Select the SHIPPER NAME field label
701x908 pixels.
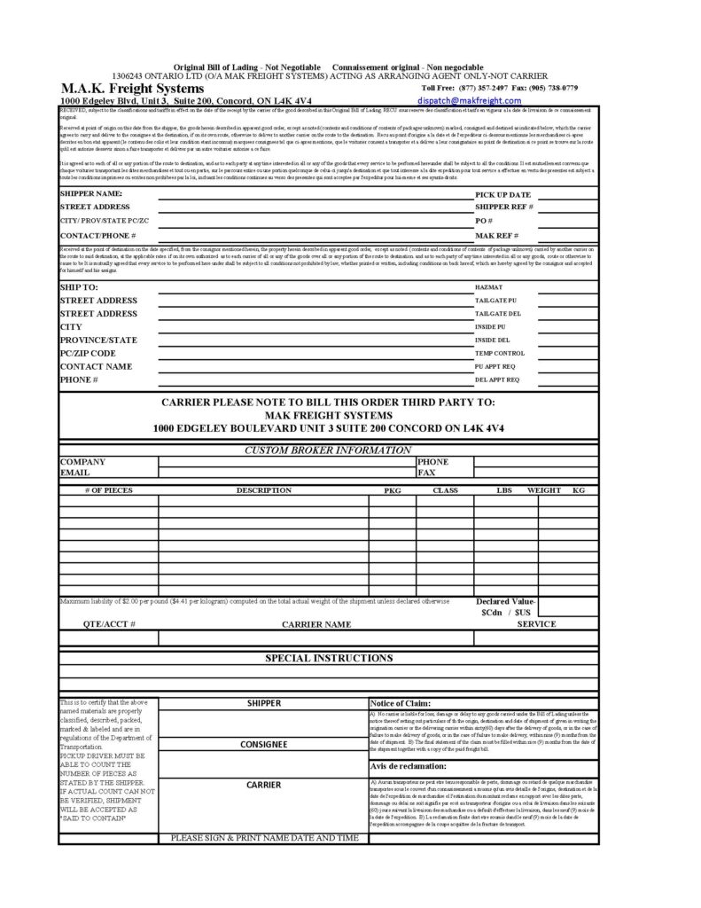pos(90,192)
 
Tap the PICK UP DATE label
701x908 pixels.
pos(502,193)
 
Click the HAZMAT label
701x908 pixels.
pos(488,288)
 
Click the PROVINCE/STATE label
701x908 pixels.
pos(97,340)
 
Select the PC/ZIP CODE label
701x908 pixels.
pos(88,353)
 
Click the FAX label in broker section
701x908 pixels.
pos(427,474)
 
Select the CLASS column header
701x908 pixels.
pos(444,489)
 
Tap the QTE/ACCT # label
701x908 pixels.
pos(109,623)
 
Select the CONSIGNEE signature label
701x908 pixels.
pos(262,745)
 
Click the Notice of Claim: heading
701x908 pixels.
pos(401,702)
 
